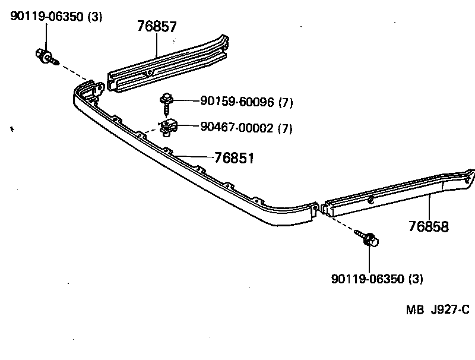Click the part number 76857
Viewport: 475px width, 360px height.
pyautogui.click(x=157, y=26)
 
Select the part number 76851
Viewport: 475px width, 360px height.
pyautogui.click(x=234, y=158)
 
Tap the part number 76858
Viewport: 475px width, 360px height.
pyautogui.click(x=428, y=226)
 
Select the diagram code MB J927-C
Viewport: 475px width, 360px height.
pyautogui.click(x=438, y=310)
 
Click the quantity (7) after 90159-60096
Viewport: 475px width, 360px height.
pyautogui.click(x=286, y=102)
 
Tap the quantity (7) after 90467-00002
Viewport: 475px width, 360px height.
pyautogui.click(x=285, y=128)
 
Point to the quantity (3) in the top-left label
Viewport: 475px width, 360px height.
pyautogui.click(x=94, y=17)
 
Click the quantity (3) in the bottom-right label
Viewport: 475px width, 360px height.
pyautogui.click(x=416, y=278)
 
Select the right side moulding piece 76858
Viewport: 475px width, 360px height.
pyautogui.click(x=392, y=194)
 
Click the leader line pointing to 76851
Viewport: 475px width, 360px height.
pyautogui.click(x=193, y=157)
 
